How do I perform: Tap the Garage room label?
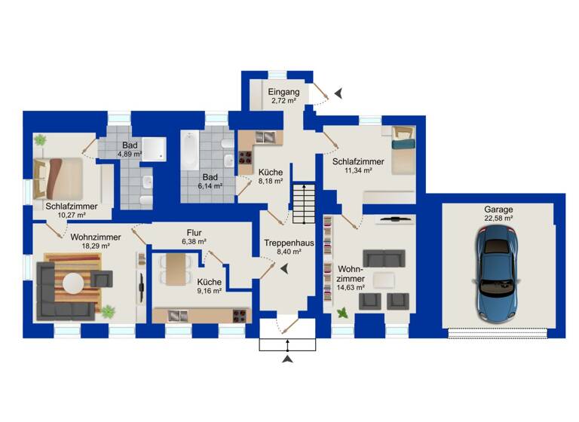[500, 210]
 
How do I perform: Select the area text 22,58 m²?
[500, 220]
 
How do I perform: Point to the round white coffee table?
[73, 283]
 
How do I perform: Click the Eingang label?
[283, 92]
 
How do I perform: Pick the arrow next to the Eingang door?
[339, 93]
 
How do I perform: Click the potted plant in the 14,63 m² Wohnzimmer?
[343, 311]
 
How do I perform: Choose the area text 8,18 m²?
[269, 181]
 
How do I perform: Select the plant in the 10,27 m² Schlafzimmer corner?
[39, 139]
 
